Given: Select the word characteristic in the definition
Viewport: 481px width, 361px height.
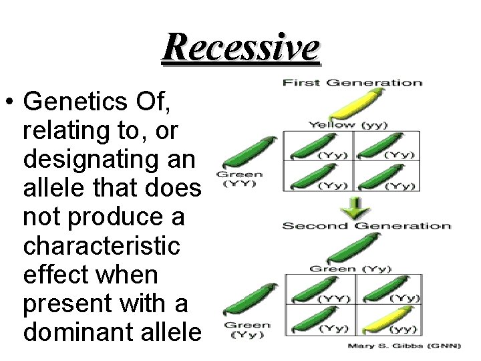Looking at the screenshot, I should coord(101,247).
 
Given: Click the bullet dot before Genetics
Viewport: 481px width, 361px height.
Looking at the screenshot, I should coord(11,103).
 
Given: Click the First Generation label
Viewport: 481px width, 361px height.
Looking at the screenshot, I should coord(352,83).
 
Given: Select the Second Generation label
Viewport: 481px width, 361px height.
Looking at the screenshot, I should coord(366,225).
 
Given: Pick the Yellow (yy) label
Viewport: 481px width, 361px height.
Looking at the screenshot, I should coord(347,124).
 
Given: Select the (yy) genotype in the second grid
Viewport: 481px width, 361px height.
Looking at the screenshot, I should coord(404,329).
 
